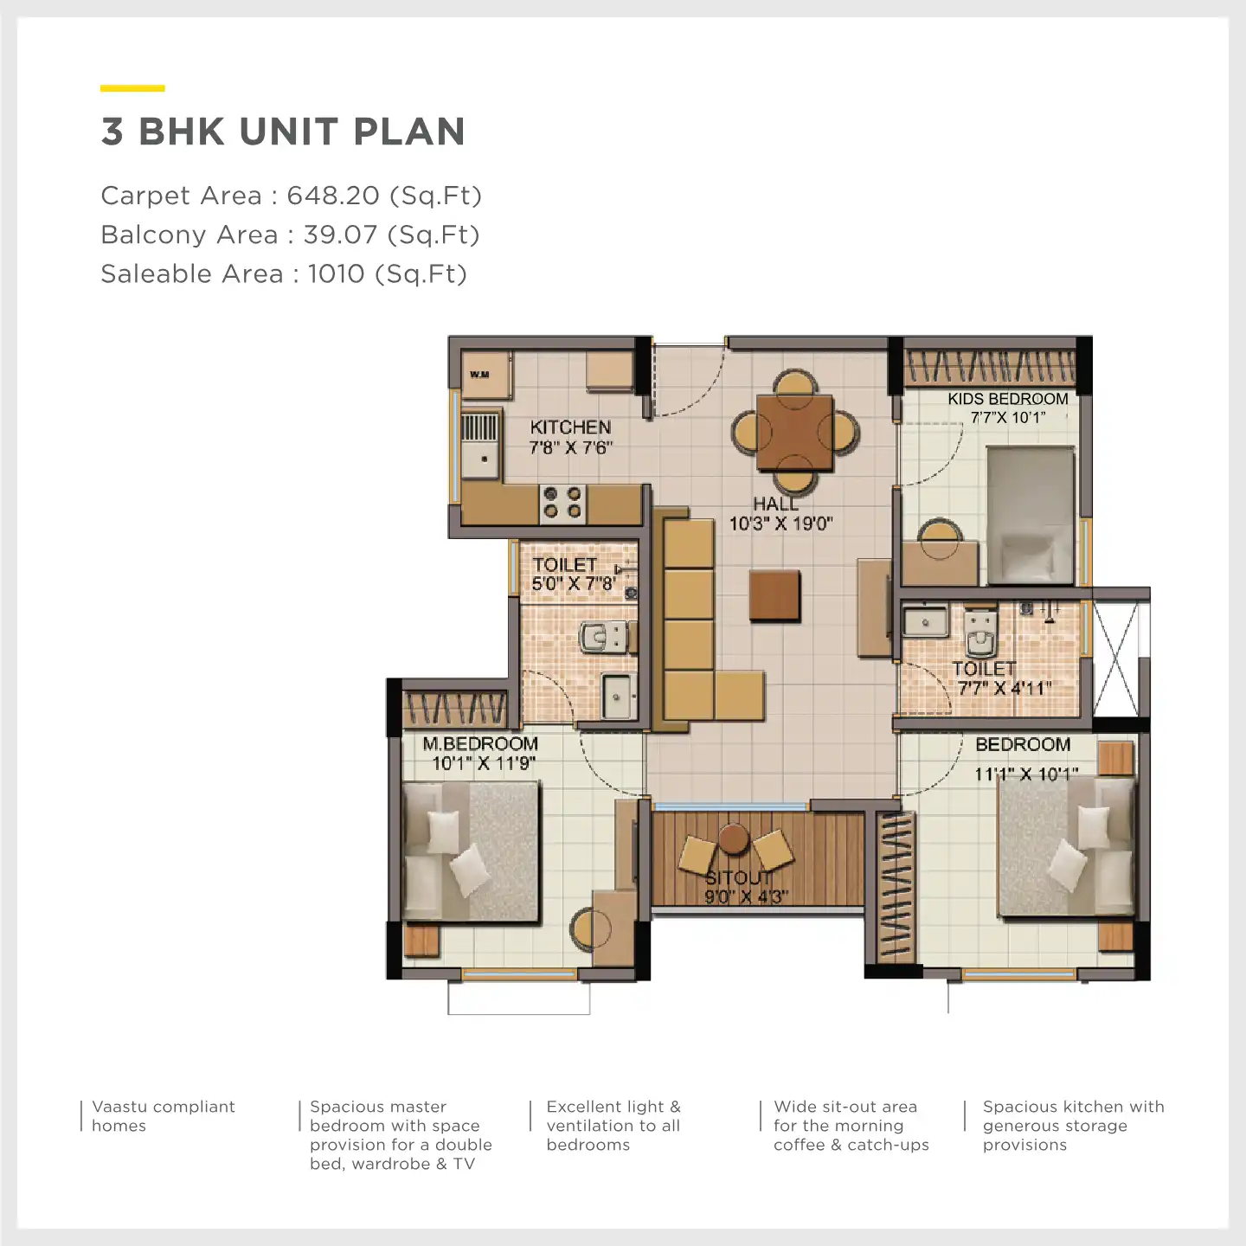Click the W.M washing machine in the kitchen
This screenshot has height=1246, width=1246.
[486, 375]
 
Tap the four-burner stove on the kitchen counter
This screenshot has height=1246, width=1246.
[562, 503]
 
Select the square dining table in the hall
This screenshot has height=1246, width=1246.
[794, 432]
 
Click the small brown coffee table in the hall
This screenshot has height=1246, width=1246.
[774, 594]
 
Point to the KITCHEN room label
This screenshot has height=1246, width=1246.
[570, 427]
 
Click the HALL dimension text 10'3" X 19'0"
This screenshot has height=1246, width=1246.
[781, 523]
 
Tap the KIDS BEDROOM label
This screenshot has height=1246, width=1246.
[1008, 399]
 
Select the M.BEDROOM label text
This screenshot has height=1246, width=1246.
[480, 743]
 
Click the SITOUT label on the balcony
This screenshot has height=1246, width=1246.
[738, 878]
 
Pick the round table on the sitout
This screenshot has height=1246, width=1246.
[734, 838]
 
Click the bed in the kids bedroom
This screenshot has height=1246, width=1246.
[1031, 516]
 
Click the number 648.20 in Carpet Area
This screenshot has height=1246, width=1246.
[333, 196]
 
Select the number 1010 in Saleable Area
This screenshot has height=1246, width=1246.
[337, 273]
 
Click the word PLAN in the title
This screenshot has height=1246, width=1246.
[409, 132]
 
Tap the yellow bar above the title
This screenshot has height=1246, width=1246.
[132, 88]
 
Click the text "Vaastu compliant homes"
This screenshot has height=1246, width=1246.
[163, 1115]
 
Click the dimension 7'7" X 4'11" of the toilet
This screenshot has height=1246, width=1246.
[1005, 689]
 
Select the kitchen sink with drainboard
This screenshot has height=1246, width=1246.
[480, 445]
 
